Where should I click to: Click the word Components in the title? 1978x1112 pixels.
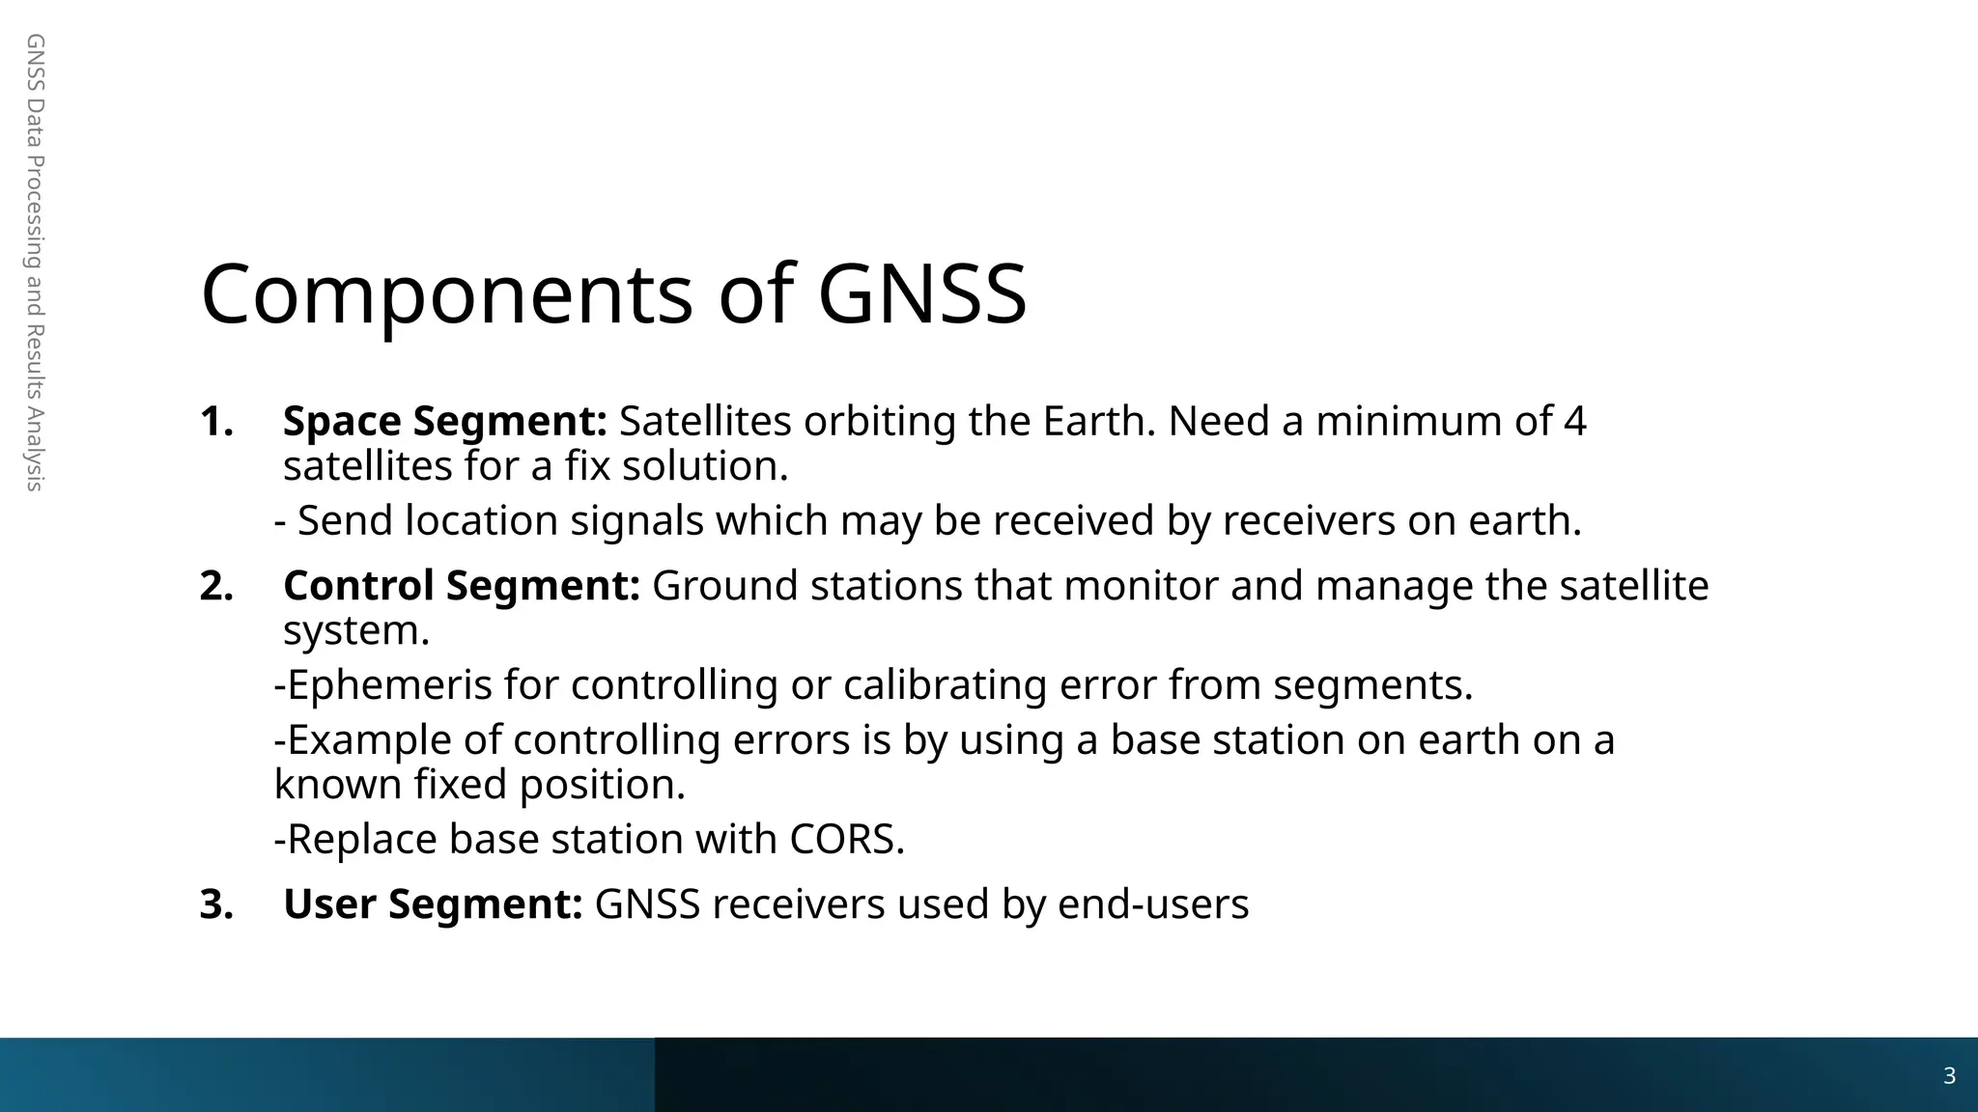tap(446, 294)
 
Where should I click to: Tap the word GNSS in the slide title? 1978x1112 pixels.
tap(921, 294)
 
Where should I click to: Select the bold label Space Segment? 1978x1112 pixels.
tap(444, 421)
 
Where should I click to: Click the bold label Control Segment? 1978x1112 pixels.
tap(461, 586)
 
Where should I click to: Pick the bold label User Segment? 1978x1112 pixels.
tap(433, 904)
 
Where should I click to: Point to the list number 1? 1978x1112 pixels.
tap(216, 422)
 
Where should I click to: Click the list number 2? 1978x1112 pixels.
tap(216, 587)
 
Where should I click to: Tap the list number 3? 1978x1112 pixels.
tap(216, 905)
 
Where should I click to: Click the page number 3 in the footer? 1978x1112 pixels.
tap(1949, 1076)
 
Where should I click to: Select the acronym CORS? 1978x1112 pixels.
tap(846, 839)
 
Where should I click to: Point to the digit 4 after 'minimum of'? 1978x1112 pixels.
tap(1574, 421)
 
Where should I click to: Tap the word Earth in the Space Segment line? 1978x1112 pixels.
tap(1098, 421)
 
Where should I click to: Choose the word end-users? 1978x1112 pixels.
tap(1153, 904)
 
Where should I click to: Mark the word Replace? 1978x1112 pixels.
tap(362, 839)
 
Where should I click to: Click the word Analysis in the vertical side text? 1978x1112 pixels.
tap(35, 448)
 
